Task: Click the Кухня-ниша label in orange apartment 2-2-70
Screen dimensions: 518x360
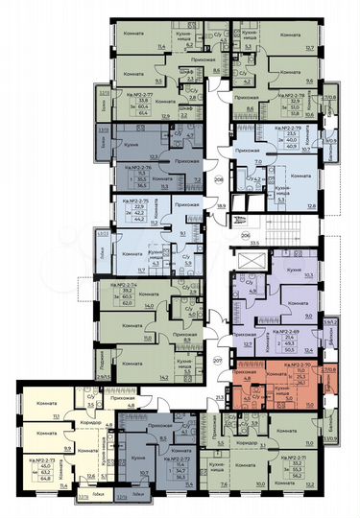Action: pyautogui.click(x=280, y=389)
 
